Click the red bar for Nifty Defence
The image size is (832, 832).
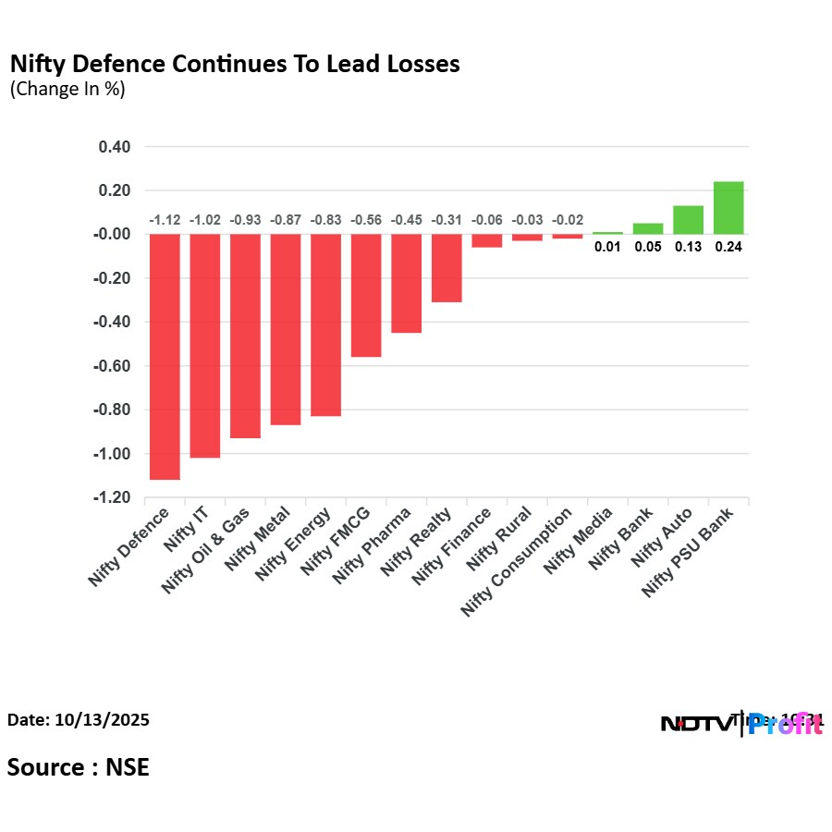pyautogui.click(x=165, y=357)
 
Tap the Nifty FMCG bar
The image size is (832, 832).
pyautogui.click(x=366, y=295)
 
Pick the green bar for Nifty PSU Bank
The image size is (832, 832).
pyautogui.click(x=728, y=208)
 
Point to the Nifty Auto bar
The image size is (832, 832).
pyautogui.click(x=688, y=220)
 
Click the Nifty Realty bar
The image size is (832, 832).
pyautogui.click(x=447, y=268)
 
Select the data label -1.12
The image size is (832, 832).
pyautogui.click(x=165, y=220)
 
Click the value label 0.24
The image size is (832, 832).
pyautogui.click(x=728, y=247)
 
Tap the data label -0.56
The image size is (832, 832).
pyautogui.click(x=366, y=220)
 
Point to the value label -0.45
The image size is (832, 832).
pyautogui.click(x=406, y=220)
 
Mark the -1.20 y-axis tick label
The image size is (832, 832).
pyautogui.click(x=111, y=498)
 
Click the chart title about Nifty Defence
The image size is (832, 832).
pyautogui.click(x=235, y=65)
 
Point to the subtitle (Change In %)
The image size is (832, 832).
pyautogui.click(x=67, y=90)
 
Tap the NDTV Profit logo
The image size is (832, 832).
pyautogui.click(x=741, y=724)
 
